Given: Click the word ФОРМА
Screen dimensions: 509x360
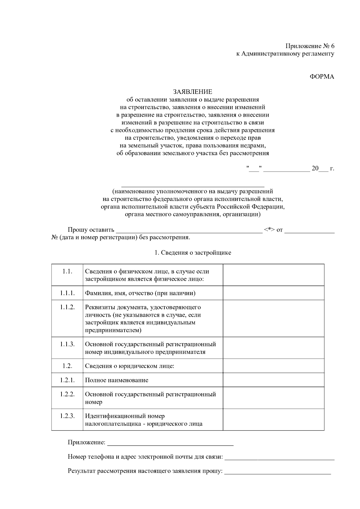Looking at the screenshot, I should (x=322, y=76).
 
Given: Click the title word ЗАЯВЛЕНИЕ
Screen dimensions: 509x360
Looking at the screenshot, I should (x=192, y=91).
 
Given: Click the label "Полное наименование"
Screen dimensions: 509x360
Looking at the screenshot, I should (x=117, y=380).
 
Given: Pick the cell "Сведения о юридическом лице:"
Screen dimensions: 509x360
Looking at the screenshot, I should (x=130, y=366).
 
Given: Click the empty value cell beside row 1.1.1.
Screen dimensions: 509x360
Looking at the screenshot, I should (x=273, y=293).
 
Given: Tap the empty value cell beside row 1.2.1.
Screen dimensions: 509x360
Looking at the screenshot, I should (x=273, y=380).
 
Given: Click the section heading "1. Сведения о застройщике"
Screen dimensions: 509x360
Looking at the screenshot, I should (x=193, y=253).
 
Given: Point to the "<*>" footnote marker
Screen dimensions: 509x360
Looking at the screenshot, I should (x=269, y=230).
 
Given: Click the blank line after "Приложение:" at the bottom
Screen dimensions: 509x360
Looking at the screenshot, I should (x=170, y=443).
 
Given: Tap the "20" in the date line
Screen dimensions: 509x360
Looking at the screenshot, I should (x=315, y=168).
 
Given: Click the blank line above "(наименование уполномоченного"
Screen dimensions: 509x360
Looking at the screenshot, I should (x=192, y=185).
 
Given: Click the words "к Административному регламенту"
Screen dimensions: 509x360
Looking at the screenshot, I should (x=285, y=54).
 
